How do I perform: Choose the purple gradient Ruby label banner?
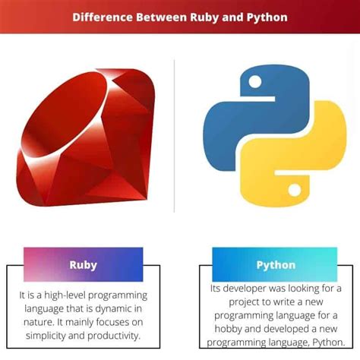[83, 265]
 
